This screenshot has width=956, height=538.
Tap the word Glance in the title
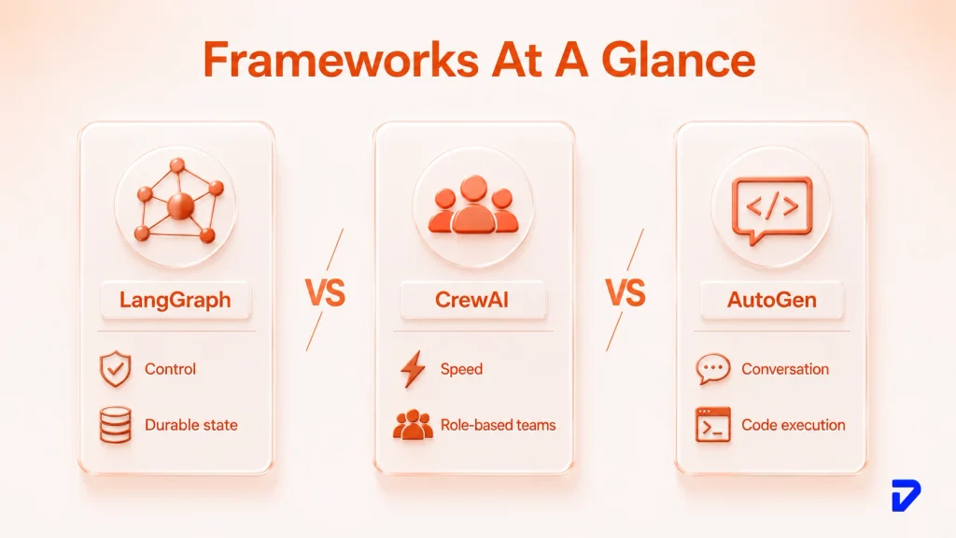point(678,60)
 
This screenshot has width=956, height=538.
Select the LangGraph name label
point(176,300)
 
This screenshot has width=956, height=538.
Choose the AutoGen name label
point(771,300)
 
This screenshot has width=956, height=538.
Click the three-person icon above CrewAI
point(473,205)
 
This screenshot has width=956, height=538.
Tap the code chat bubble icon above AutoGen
point(772,208)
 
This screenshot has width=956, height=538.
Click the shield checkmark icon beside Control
point(115,369)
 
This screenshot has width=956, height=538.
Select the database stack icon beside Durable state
point(115,425)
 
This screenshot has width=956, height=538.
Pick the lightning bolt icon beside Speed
point(413,369)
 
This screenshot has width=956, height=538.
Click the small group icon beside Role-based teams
point(413,425)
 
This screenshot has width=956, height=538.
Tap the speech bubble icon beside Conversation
point(712,369)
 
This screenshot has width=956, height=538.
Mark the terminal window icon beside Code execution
point(712,425)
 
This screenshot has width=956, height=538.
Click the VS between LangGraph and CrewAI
point(325,292)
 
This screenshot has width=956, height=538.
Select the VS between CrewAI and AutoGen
point(625,292)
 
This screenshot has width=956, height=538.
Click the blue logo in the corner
point(906,495)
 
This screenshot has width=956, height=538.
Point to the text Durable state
point(190,425)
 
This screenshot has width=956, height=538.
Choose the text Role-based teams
point(499,425)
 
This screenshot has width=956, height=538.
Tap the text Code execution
point(794,425)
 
